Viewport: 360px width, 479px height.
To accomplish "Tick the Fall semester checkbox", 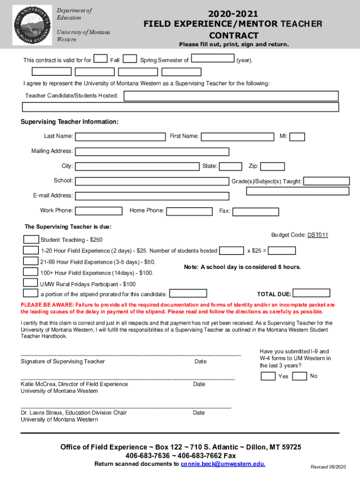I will [x=101, y=59].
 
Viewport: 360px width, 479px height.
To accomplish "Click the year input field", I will [x=213, y=59].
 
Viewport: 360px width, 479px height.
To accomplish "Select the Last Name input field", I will [x=120, y=137].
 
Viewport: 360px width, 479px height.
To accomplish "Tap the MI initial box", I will [x=297, y=137].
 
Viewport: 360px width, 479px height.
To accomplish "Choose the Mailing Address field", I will [x=152, y=152].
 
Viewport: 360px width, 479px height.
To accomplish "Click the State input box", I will [x=230, y=167].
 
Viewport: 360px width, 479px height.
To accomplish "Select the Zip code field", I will [x=272, y=167].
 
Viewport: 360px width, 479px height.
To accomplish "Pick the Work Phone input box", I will [x=99, y=211].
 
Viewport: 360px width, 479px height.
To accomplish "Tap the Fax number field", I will [x=255, y=211].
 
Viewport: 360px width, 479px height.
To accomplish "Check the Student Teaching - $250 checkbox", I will [x=31, y=239].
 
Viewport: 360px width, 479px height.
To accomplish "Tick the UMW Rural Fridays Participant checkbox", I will [x=31, y=283].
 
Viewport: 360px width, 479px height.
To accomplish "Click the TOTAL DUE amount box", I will [x=312, y=294].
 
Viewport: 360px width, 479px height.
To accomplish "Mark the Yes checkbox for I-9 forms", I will [x=268, y=376].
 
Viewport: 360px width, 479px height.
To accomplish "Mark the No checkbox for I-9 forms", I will [x=302, y=376].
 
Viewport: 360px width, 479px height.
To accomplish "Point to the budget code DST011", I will [x=317, y=235].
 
